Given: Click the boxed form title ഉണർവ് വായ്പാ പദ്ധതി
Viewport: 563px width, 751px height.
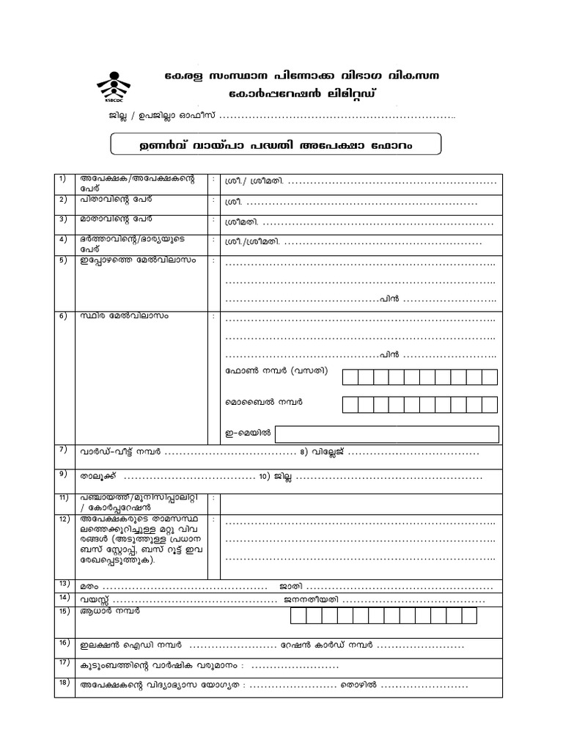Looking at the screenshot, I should pyautogui.click(x=276, y=144).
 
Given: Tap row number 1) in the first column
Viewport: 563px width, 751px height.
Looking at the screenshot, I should pyautogui.click(x=62, y=178).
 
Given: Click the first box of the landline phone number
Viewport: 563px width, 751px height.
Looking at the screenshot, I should pyautogui.click(x=350, y=377).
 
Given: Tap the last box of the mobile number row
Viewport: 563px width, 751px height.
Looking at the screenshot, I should pyautogui.click(x=490, y=404).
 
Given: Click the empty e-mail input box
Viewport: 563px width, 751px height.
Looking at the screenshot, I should pyautogui.click(x=387, y=433).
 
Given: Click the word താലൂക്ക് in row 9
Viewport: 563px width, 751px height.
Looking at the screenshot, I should pyautogui.click(x=96, y=477).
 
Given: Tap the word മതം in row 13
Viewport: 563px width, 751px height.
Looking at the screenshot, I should pyautogui.click(x=90, y=587).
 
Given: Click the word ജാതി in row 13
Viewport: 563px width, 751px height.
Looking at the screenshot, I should pyautogui.click(x=290, y=587).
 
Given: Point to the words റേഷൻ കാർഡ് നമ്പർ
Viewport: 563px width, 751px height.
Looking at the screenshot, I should pyautogui.click(x=325, y=646).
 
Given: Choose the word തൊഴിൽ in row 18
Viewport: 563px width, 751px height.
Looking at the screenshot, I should pyautogui.click(x=358, y=685).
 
